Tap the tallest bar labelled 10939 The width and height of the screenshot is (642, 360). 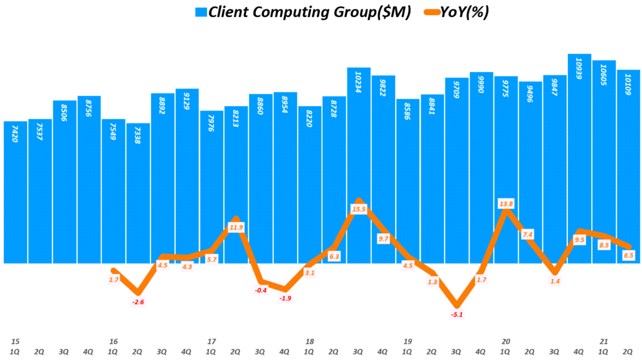point(579,157)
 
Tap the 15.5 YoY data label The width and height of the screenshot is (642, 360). point(359,209)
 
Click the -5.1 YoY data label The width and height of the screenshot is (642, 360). point(457,314)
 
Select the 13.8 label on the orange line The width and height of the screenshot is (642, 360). point(506,204)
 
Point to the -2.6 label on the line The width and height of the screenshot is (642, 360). point(138,302)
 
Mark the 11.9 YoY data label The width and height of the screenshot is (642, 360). point(236,228)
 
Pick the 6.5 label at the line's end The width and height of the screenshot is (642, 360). point(628,255)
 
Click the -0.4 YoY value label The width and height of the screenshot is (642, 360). point(260,290)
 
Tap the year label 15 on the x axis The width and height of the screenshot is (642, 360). point(15,341)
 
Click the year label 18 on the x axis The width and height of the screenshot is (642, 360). point(309,341)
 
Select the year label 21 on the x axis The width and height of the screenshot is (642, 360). point(603,341)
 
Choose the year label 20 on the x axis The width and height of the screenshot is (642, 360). point(505,341)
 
